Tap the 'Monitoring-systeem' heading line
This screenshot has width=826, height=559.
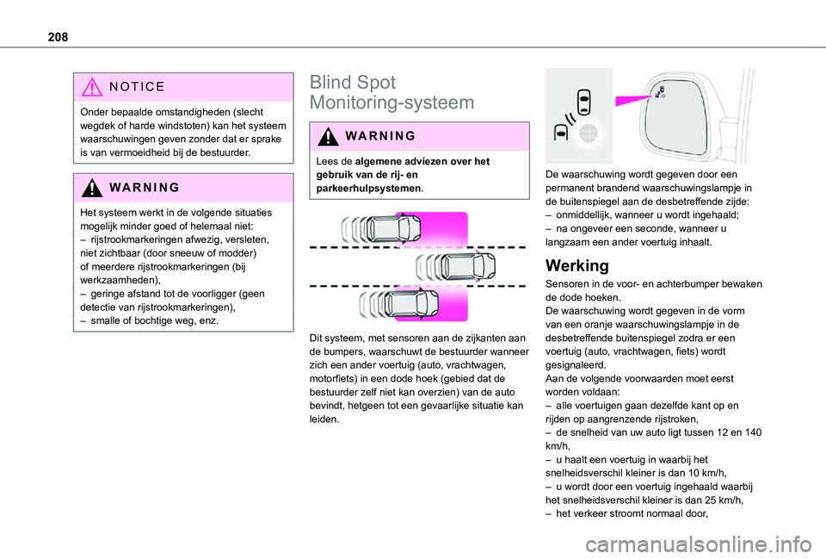[391, 103]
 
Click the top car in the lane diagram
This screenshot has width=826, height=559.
[393, 229]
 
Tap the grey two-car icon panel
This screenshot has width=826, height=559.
[577, 115]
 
